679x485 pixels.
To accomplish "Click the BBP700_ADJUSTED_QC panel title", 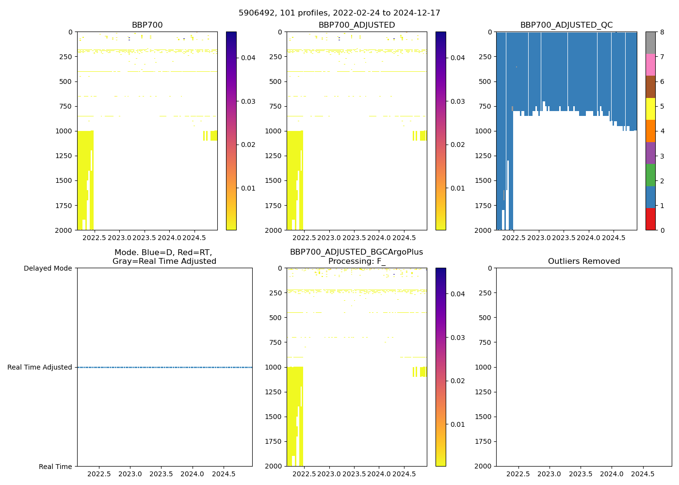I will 566,25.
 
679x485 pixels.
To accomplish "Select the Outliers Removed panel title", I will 583,261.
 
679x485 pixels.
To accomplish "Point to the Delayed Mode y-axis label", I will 48,268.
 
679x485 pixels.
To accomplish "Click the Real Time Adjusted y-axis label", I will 40,367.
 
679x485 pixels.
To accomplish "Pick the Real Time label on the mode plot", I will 55,467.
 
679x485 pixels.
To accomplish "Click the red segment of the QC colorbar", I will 650,219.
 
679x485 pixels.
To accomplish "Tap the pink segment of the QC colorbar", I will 650,65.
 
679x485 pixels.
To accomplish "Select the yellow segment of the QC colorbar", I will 650,109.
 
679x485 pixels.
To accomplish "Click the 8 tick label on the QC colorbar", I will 662,32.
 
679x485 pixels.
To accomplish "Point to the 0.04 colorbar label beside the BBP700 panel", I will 248,58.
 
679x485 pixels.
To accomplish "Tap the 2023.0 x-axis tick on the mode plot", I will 130,474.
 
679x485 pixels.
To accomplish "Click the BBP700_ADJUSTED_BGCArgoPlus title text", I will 356,252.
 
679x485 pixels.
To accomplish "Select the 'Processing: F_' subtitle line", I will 356,261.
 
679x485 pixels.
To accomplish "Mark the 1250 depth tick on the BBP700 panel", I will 64,156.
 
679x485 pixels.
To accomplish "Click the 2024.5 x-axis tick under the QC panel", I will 614,238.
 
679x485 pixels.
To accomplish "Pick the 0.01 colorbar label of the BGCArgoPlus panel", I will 458,424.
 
